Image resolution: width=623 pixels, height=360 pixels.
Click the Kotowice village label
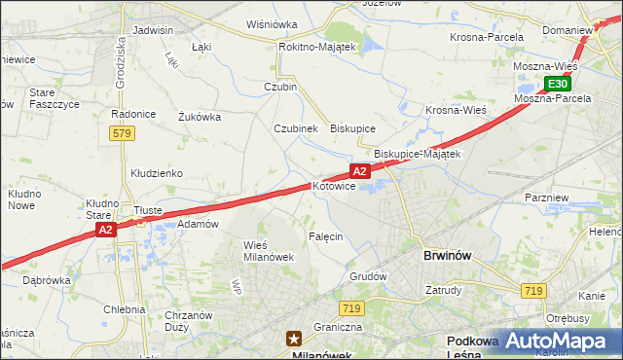pos(334,186)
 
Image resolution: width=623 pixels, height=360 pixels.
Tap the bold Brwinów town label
pos(448,256)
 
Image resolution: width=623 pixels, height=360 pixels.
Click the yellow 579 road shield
pos(122,133)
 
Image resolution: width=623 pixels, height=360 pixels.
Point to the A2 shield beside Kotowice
pos(359,171)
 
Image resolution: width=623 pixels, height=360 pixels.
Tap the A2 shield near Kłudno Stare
pos(106,230)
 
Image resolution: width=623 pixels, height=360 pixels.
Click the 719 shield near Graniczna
pos(352,308)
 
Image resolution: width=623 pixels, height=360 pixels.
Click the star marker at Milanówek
pos(293,339)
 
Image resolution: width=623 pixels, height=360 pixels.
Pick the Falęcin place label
pos(325,236)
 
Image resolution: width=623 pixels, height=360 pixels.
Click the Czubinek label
pos(296,127)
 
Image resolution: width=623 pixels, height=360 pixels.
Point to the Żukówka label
pos(200,117)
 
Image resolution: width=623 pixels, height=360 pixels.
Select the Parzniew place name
pos(546,198)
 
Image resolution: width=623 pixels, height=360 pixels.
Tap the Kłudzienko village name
pos(157,173)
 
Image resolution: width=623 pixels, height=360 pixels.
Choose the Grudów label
pos(368,276)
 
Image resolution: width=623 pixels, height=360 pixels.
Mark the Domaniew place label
pos(568,30)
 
